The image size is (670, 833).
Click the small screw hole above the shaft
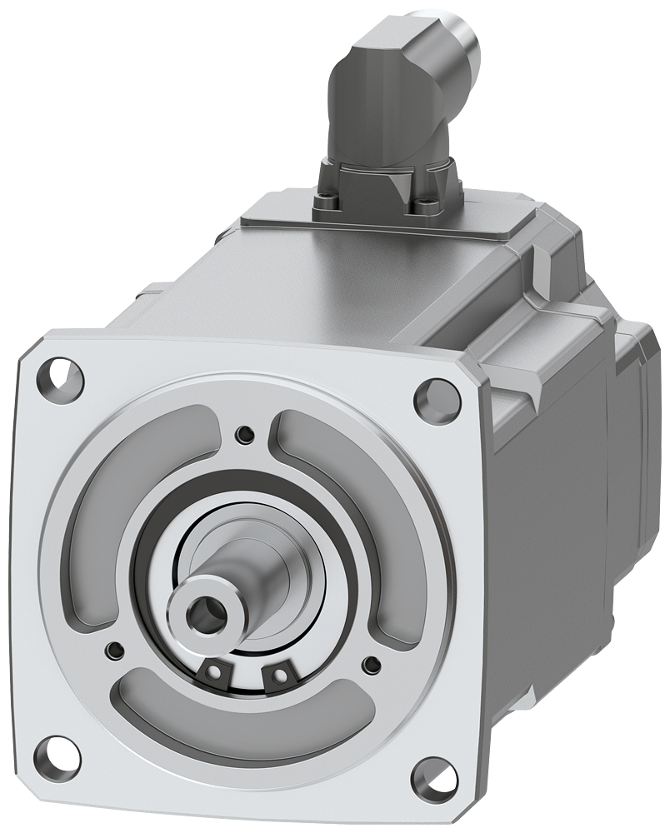click(x=243, y=433)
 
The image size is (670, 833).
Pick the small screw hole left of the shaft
click(x=114, y=650)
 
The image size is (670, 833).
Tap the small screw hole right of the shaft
click(x=370, y=664)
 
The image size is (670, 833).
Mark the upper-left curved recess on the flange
click(x=133, y=491)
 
